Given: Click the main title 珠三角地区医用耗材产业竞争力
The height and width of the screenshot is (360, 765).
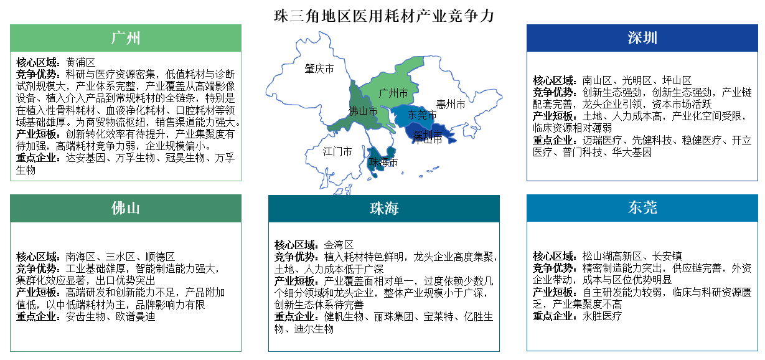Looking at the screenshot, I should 384,16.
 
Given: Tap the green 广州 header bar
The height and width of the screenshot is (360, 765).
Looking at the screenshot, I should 125,38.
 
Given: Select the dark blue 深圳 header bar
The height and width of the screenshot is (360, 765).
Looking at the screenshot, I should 642,38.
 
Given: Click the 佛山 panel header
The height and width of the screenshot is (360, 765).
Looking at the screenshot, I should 125,208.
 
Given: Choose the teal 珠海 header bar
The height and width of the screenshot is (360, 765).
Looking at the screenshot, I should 383,208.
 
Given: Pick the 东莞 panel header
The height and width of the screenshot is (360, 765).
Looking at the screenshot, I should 642,208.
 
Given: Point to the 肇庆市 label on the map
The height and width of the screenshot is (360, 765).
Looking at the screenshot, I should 319,69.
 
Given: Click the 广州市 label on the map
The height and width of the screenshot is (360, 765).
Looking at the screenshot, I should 394,93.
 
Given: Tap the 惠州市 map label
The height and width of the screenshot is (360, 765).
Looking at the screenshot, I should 451,104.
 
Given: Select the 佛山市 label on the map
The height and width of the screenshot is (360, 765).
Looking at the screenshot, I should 363,111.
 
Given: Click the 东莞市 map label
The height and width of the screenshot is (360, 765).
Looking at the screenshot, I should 422,115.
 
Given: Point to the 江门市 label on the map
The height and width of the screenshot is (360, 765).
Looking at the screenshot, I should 337,151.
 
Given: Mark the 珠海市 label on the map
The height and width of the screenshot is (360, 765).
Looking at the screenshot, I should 383,163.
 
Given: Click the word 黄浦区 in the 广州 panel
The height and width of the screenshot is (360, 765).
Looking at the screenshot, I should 80,62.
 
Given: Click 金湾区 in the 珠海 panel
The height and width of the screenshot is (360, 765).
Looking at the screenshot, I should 339,245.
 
